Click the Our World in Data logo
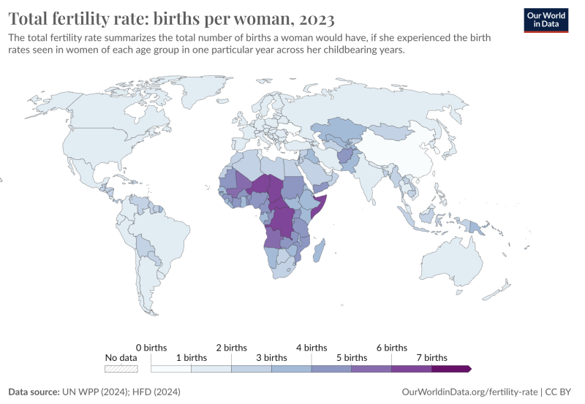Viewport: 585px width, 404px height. [x=546, y=19]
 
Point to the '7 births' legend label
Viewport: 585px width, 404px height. [x=431, y=358]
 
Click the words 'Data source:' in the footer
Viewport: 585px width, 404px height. [x=33, y=392]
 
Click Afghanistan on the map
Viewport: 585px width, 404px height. [x=344, y=158]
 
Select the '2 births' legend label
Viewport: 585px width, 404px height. [x=231, y=348]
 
